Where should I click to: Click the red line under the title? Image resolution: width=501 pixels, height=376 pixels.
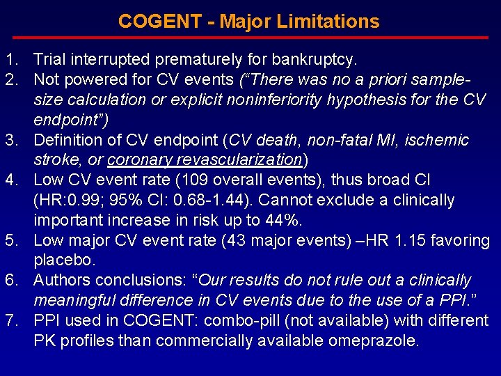click(x=250, y=38)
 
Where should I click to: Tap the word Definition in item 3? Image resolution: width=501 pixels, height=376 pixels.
click(x=67, y=140)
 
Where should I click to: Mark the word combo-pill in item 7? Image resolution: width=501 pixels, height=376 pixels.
click(x=264, y=321)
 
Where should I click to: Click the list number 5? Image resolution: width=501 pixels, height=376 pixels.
click(x=10, y=241)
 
